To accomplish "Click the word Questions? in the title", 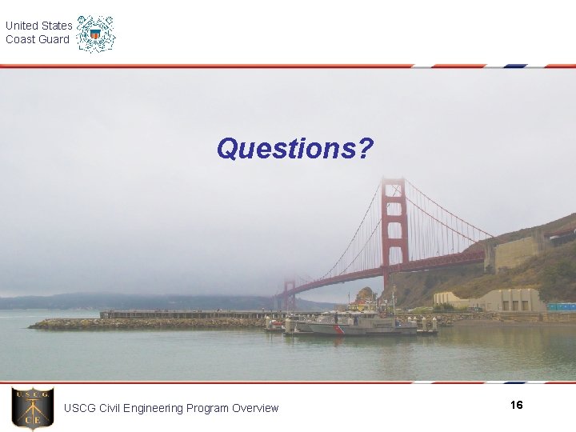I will (294, 149).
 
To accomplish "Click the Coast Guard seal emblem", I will (96, 34).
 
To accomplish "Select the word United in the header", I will (22, 26).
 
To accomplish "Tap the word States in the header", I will (57, 26).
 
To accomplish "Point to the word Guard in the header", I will (54, 39).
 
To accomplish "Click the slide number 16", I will (516, 406).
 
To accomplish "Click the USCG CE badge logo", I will (33, 408).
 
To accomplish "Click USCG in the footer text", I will (79, 408).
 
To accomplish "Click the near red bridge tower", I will (394, 228).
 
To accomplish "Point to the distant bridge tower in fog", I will (288, 294).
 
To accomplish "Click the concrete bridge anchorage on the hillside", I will (516, 253).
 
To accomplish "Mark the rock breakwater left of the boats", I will (144, 324).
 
